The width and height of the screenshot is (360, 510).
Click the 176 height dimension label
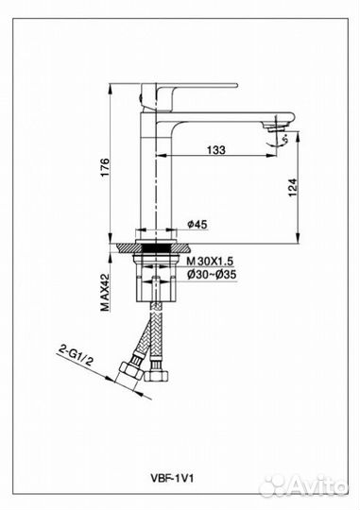pos(105,168)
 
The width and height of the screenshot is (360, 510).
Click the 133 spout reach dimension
pos(215,150)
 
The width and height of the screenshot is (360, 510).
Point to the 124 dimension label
pos(293,187)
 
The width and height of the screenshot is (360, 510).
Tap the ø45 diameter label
pos(197,224)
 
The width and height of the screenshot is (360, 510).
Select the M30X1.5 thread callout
pos(210,262)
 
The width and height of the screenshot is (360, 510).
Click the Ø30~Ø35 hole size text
pos(212,275)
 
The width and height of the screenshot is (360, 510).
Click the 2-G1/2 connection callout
pos(75,356)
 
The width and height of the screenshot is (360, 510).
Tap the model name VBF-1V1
pos(172,479)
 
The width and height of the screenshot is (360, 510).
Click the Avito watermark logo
pos(303,486)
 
